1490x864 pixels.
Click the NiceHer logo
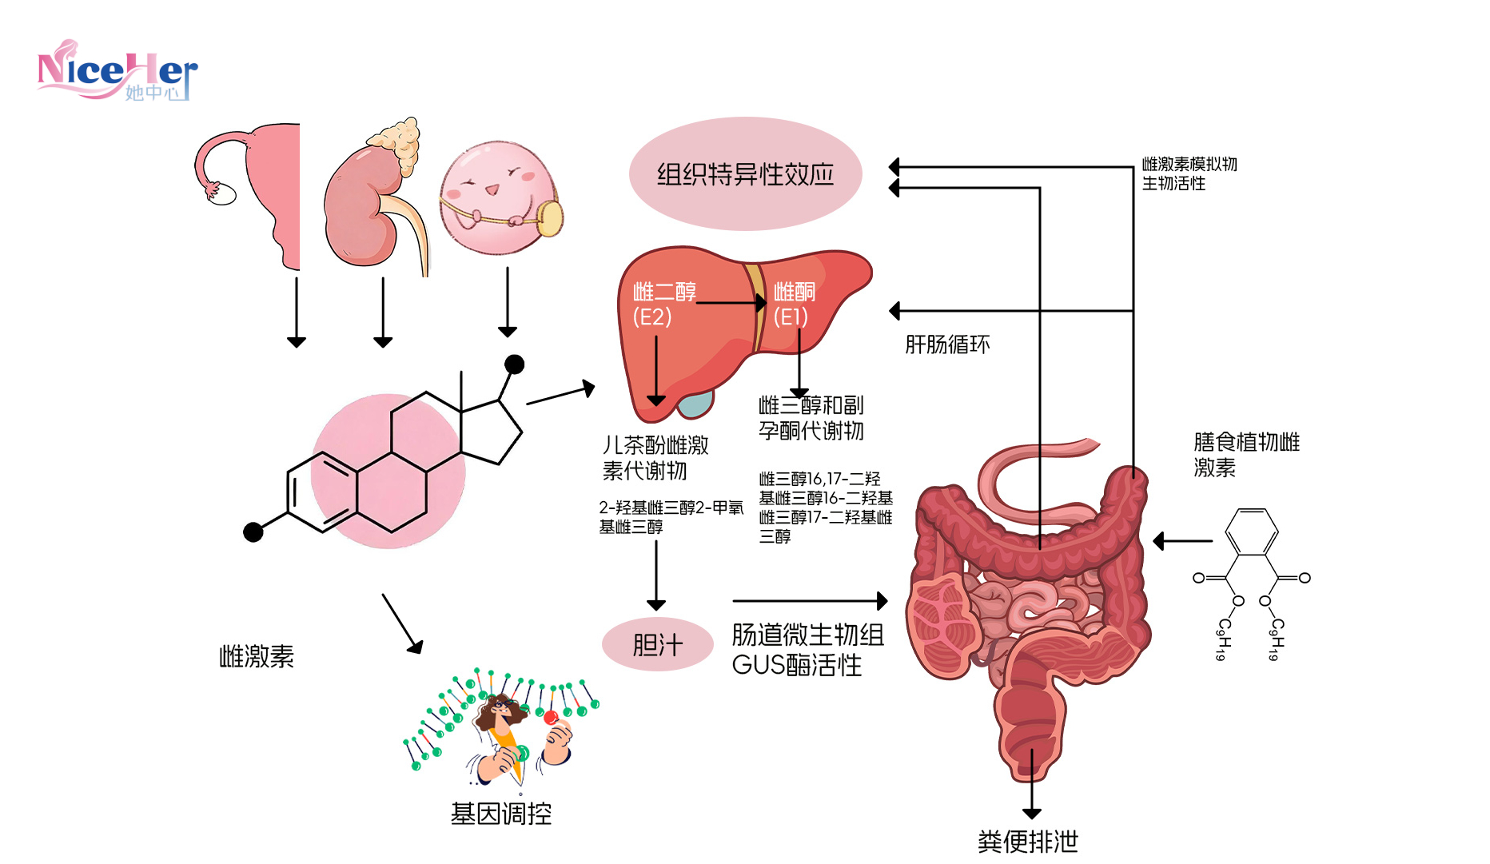point(117,72)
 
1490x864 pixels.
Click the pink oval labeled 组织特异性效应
point(745,174)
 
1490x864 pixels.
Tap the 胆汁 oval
point(657,644)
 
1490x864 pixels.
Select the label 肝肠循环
point(946,344)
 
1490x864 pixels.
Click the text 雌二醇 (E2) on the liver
point(663,305)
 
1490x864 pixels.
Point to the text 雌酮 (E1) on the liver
point(793,305)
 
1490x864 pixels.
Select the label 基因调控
point(501,814)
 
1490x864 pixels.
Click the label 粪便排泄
point(1027,841)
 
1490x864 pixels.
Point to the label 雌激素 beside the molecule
point(257,656)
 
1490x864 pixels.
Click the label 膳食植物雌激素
point(1245,454)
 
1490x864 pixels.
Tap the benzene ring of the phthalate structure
point(1251,532)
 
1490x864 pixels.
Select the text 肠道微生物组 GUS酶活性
point(807,649)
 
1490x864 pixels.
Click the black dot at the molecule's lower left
point(253,532)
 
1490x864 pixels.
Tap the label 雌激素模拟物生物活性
point(1189,173)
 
